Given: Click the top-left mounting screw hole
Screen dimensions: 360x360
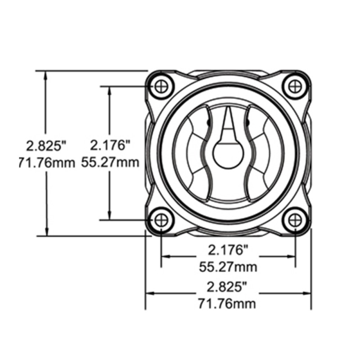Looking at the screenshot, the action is tap(162, 86).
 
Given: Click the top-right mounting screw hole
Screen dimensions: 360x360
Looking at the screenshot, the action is tap(295, 86).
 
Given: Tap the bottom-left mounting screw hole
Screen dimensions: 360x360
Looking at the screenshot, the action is tap(162, 220).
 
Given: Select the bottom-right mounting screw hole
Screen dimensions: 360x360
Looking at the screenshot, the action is tap(295, 220).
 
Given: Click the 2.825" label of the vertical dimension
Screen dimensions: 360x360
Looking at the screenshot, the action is tap(46, 146).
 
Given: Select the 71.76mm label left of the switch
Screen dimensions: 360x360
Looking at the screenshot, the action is tap(47, 163).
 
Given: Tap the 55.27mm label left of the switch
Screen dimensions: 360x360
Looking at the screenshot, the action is tap(110, 162).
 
